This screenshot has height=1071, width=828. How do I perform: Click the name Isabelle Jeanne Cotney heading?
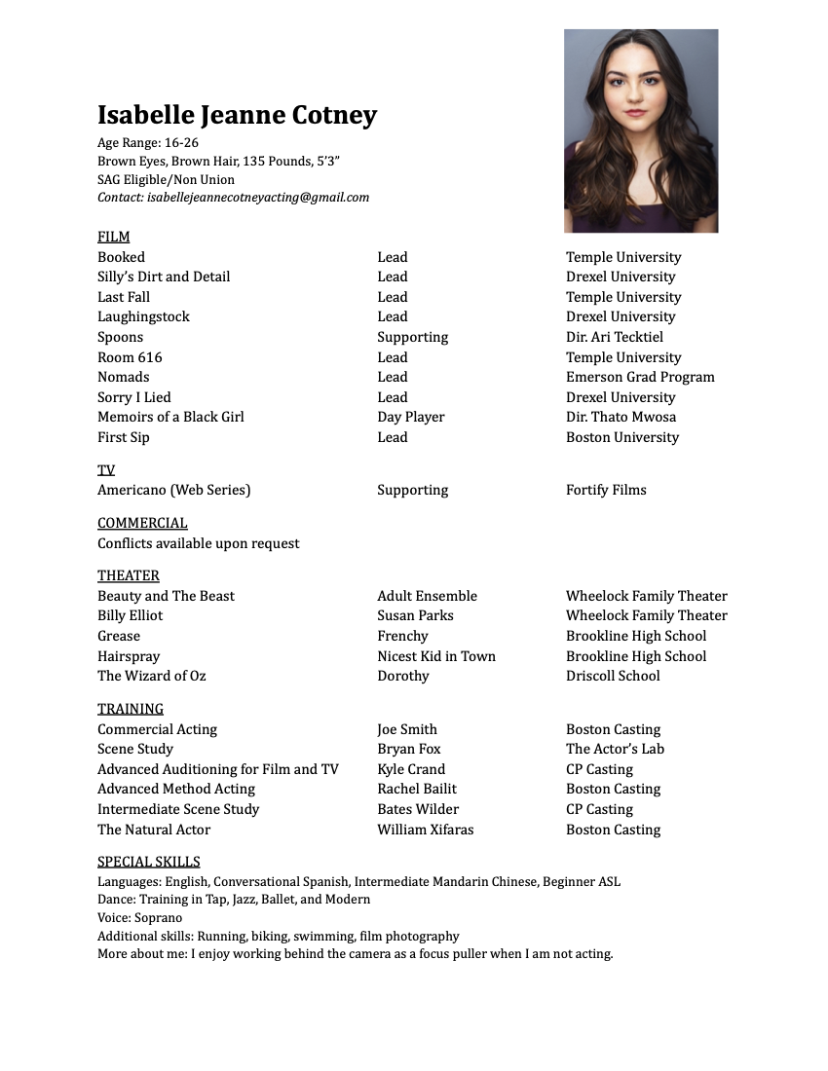(x=237, y=116)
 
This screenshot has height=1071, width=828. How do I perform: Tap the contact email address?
(x=258, y=198)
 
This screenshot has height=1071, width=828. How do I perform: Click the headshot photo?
(x=641, y=130)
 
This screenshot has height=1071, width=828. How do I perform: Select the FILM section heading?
(x=113, y=237)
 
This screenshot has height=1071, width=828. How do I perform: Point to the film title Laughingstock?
(x=143, y=316)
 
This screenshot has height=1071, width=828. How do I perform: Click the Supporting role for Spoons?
(x=412, y=337)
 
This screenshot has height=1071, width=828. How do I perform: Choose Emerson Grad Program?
(x=640, y=377)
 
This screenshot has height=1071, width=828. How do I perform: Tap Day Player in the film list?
(x=410, y=417)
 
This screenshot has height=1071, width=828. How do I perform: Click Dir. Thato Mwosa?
(x=621, y=417)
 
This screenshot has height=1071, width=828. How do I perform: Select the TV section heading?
(x=106, y=470)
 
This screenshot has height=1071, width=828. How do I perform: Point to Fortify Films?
(x=606, y=490)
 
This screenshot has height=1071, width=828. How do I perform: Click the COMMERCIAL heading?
(x=142, y=523)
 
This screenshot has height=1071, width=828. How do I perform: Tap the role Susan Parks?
(x=415, y=615)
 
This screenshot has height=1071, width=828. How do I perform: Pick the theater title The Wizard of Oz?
(x=151, y=676)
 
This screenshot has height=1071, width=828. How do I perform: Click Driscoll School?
(x=613, y=676)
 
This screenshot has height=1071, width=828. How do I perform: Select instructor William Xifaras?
(x=425, y=830)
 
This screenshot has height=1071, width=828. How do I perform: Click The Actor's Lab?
(x=615, y=749)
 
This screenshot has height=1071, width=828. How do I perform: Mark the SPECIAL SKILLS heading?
(x=148, y=862)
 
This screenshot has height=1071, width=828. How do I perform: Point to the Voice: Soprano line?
(x=139, y=917)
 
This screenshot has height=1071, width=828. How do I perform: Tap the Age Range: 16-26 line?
(x=147, y=143)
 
